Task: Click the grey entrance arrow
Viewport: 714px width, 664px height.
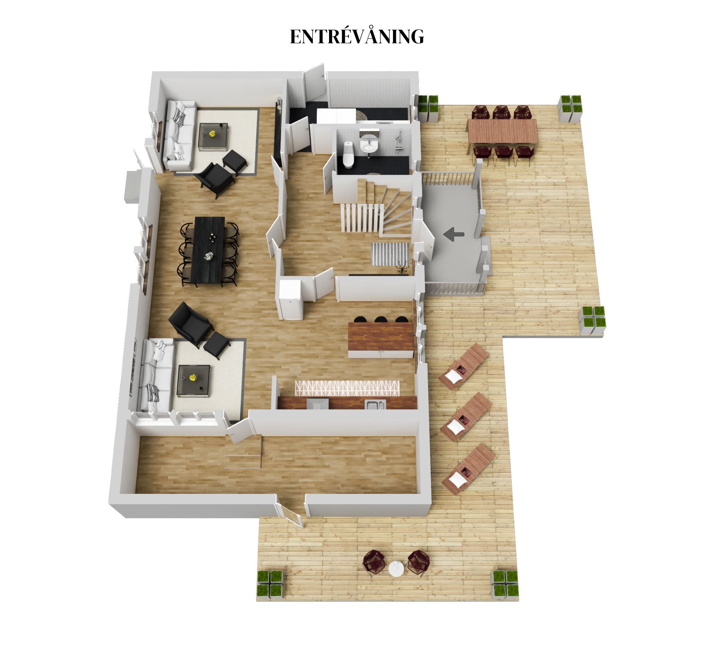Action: click(x=454, y=234)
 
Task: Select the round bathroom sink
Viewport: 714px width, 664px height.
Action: click(x=368, y=146)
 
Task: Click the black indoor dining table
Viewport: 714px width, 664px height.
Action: click(x=208, y=250)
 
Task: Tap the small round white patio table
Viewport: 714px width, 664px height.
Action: click(x=396, y=569)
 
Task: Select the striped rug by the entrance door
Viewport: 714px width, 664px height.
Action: click(x=390, y=254)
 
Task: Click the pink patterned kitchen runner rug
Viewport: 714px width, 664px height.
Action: click(x=347, y=388)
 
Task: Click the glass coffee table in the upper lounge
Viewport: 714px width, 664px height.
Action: click(x=213, y=137)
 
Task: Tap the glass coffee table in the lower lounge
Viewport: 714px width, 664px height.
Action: click(x=194, y=380)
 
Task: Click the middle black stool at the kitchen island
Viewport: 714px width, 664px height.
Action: click(x=380, y=319)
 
